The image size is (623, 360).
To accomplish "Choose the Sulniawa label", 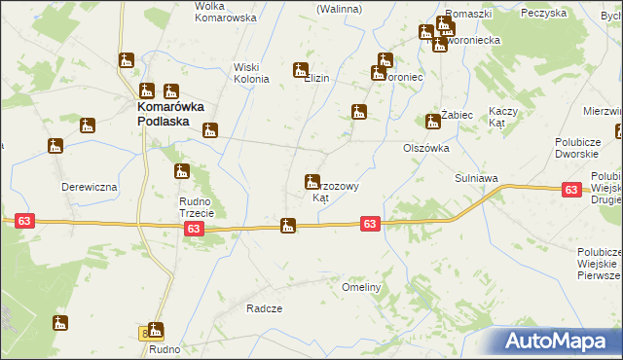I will (477, 179).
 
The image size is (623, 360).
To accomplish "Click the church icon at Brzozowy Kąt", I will (311, 182).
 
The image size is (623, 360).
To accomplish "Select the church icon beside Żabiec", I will (432, 122).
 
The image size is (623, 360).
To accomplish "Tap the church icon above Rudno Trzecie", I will (181, 172).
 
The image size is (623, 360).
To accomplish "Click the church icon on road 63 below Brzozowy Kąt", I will (288, 227).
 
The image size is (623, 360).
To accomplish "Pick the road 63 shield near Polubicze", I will (571, 192).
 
